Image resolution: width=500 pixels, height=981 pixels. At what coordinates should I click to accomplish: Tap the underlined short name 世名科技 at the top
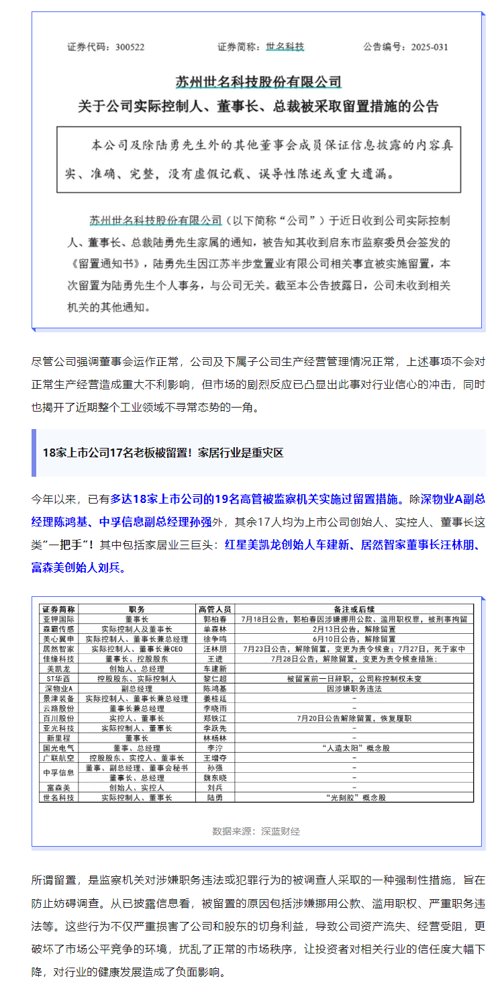(x=285, y=47)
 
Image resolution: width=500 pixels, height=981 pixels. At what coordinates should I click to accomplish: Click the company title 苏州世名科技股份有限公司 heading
(x=258, y=82)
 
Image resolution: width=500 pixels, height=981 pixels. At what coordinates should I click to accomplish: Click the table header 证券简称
(x=58, y=608)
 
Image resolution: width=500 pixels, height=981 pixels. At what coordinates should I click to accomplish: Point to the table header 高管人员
(x=215, y=608)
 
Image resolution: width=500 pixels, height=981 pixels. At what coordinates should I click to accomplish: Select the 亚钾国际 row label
(x=58, y=618)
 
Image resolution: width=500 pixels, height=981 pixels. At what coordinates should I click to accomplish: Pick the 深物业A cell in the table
(x=58, y=688)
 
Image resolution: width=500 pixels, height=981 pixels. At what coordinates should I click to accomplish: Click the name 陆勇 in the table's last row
(x=215, y=798)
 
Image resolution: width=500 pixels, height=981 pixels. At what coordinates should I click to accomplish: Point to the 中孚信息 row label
(x=58, y=772)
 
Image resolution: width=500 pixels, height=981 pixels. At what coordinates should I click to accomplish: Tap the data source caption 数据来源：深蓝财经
(x=256, y=831)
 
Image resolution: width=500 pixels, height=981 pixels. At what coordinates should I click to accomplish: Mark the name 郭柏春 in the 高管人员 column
(x=215, y=618)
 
